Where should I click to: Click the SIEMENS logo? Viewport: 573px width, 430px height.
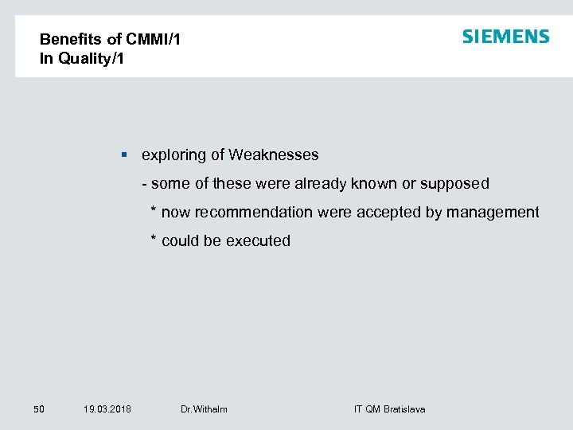click(505, 37)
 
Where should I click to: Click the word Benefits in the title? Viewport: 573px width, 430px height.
click(69, 39)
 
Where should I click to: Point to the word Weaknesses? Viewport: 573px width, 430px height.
click(273, 154)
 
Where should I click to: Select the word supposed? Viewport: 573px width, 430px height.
click(454, 184)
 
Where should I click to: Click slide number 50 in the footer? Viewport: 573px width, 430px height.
click(39, 409)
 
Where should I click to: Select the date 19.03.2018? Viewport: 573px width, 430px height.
click(107, 409)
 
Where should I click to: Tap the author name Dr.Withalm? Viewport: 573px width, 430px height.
click(204, 409)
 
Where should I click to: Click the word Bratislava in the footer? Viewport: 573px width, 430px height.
click(404, 409)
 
